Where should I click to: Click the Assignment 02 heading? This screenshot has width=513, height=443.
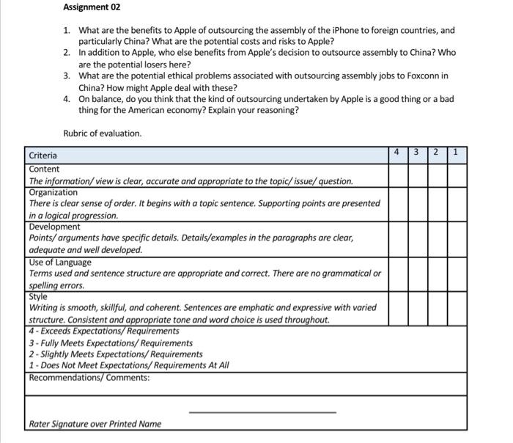coord(92,7)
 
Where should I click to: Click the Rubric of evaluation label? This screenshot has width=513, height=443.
coord(102,133)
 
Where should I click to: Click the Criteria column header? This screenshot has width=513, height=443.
coord(43,155)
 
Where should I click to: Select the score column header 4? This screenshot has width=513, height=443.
coord(396,153)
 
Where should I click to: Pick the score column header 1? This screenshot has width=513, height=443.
coord(456,153)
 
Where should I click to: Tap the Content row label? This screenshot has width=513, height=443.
coord(44,169)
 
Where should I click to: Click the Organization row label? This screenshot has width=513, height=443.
coord(53,192)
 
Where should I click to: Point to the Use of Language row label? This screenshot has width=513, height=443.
coord(60,262)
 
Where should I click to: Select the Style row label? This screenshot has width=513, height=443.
coord(38,296)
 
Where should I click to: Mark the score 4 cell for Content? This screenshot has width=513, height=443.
coord(396,175)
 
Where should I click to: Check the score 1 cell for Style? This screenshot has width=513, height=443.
coord(456,308)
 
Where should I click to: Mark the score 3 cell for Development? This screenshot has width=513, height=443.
coord(416,238)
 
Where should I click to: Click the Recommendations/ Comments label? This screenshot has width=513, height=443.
coord(89,378)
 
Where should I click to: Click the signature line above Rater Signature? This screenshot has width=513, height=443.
coord(262,412)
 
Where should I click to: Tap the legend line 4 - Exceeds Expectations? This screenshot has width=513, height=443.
coord(104,331)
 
